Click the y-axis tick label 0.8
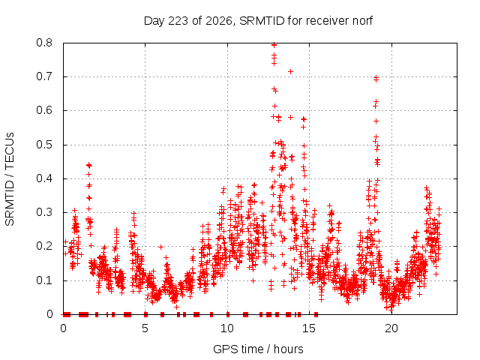(x=44, y=43)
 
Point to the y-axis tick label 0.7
(x=44, y=76)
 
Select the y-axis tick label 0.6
(x=44, y=110)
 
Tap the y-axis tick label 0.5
(x=44, y=145)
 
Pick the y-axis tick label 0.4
(x=44, y=178)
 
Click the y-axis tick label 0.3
(x=44, y=212)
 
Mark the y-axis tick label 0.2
(x=44, y=247)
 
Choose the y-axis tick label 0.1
(x=44, y=280)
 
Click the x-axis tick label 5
(x=145, y=328)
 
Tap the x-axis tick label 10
(x=227, y=328)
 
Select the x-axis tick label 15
(x=309, y=328)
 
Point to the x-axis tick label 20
(x=391, y=328)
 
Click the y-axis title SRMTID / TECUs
(x=10, y=179)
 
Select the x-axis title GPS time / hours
(x=258, y=349)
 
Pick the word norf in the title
(x=362, y=21)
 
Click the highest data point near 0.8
(x=274, y=45)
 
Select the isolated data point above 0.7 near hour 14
(x=290, y=72)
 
